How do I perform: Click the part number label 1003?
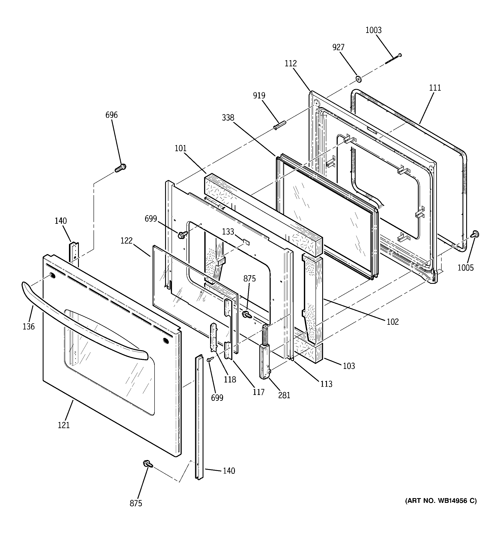[373, 30]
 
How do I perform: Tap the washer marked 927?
[358, 79]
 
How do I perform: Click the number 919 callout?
[259, 95]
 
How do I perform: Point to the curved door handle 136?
[81, 322]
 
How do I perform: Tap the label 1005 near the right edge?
[466, 267]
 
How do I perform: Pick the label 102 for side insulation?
[393, 322]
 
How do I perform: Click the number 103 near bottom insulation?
[349, 366]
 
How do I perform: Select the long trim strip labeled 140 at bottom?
[199, 418]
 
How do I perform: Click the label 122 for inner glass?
[127, 241]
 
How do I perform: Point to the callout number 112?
[291, 64]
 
